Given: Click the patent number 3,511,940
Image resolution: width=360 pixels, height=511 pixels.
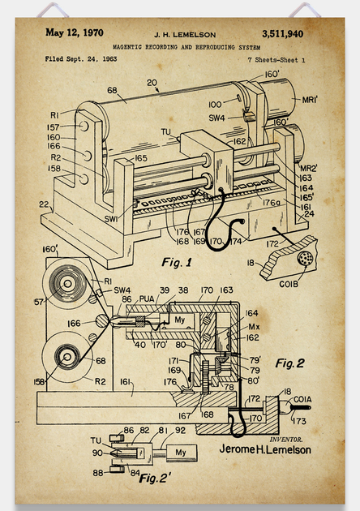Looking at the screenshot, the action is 282,34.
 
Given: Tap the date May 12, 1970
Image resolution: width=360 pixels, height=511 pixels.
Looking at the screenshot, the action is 75,32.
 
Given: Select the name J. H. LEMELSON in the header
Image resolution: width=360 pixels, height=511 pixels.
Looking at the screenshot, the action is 185,35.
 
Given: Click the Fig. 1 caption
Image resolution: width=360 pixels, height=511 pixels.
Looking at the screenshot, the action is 177,262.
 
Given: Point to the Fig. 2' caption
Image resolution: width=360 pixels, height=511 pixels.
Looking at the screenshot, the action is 155,478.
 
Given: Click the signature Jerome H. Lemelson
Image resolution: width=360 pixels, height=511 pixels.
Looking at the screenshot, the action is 265,449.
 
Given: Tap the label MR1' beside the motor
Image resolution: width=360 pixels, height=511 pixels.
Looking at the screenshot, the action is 310,100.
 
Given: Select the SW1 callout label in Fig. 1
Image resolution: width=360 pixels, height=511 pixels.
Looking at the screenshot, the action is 111,219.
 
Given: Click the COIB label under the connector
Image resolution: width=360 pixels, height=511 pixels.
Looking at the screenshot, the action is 289,284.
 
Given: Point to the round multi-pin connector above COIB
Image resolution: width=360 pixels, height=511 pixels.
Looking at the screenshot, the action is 305,258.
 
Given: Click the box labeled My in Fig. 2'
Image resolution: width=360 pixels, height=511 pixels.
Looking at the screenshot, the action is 182,453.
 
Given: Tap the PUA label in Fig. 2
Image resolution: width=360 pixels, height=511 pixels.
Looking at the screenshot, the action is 147,298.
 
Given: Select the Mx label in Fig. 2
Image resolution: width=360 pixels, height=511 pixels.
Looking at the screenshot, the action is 254,327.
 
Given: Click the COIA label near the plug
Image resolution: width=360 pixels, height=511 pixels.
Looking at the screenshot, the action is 302,399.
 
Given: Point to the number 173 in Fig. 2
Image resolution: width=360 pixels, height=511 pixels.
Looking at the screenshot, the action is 299,421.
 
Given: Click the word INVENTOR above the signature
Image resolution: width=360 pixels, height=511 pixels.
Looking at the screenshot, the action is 286,440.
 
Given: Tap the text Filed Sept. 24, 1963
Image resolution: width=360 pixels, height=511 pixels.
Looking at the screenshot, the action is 81,59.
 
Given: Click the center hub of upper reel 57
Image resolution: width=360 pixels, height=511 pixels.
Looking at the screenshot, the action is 67,284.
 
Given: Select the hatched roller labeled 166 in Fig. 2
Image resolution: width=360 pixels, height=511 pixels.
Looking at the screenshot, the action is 101,321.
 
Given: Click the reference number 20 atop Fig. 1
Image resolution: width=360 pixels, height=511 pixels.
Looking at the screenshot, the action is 152,83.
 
